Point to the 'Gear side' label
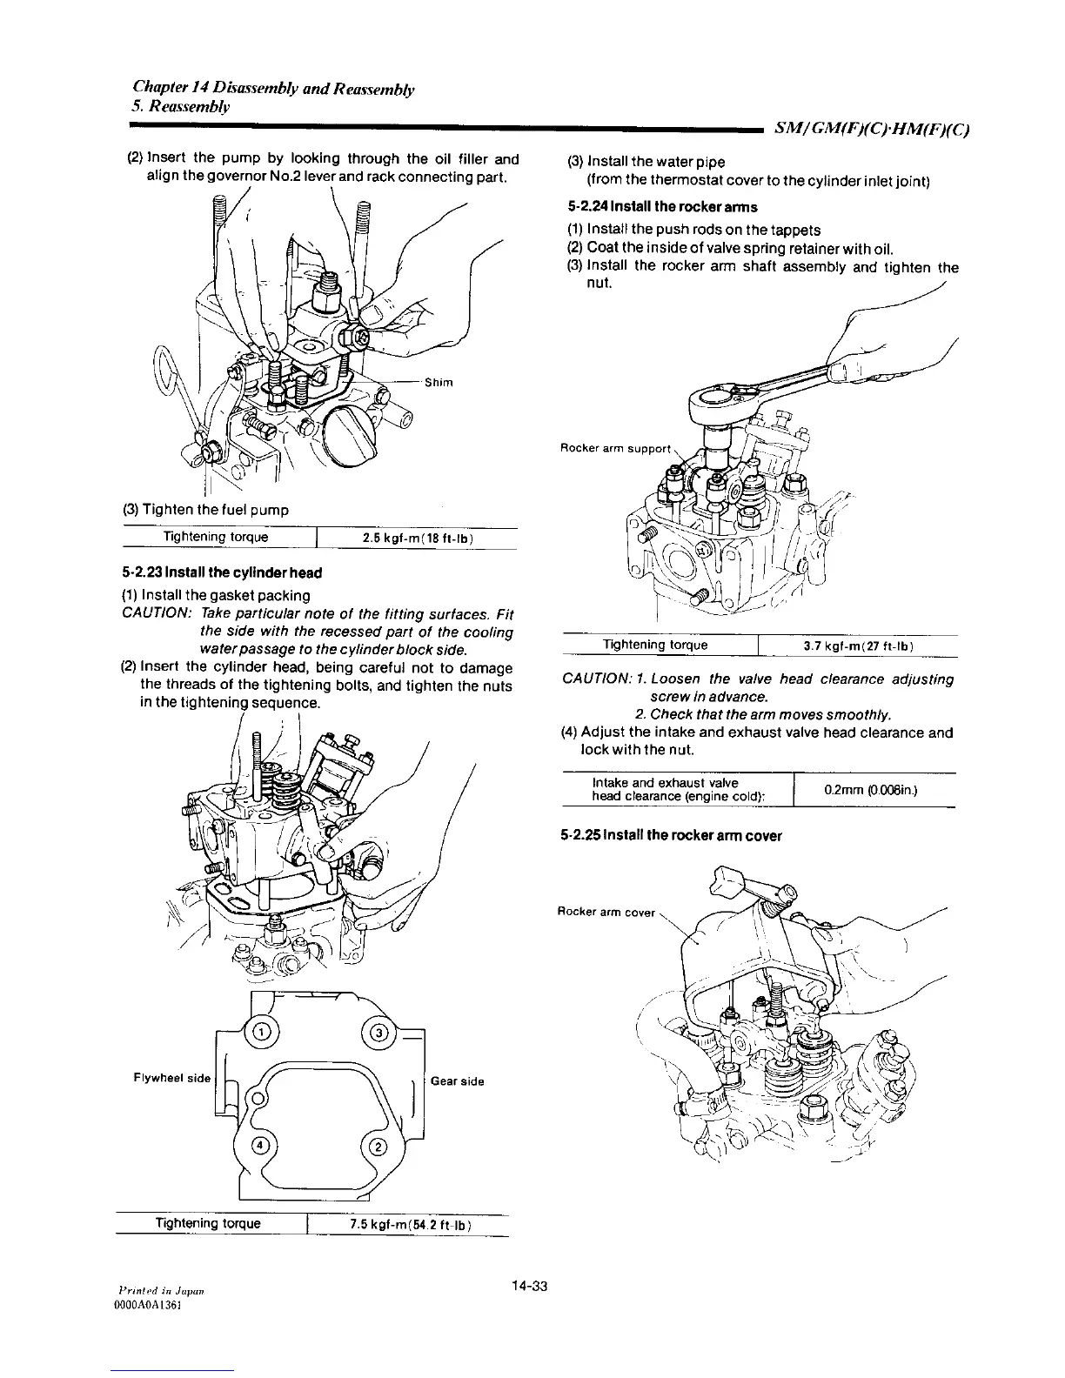coord(458,1081)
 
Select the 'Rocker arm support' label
coord(614,449)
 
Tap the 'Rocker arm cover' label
coord(606,912)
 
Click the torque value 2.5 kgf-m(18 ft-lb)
coord(417,538)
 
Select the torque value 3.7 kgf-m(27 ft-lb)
coord(857,646)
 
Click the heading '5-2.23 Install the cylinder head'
coord(222,572)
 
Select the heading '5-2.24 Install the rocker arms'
coord(661,207)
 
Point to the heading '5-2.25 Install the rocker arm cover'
coord(672,836)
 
